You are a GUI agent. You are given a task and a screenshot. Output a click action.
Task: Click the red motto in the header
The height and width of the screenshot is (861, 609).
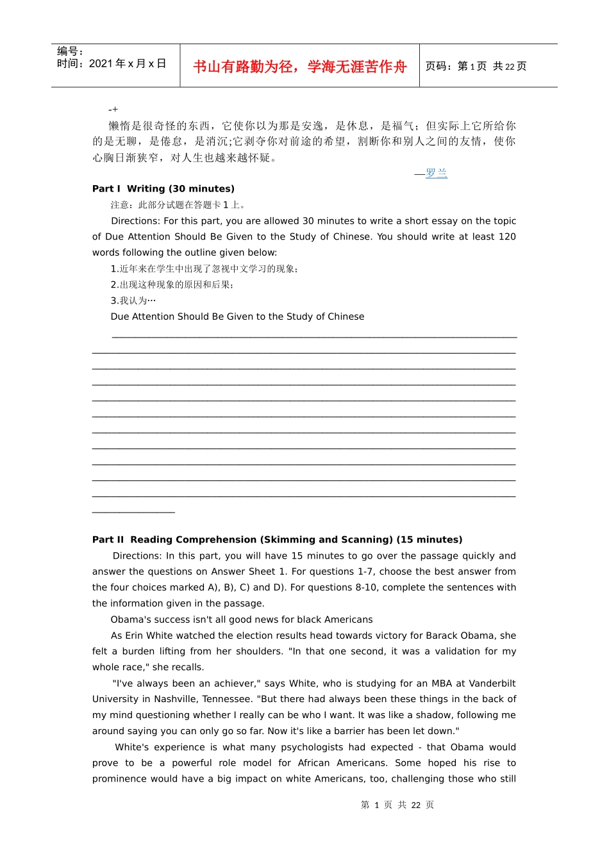pyautogui.click(x=299, y=67)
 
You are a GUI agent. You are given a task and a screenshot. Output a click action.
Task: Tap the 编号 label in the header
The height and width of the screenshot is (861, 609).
pyautogui.click(x=70, y=51)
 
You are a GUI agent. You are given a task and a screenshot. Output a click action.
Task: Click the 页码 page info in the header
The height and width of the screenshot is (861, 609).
pyautogui.click(x=476, y=67)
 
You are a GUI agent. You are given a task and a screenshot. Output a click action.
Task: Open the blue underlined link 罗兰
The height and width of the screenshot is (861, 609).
pyautogui.click(x=437, y=173)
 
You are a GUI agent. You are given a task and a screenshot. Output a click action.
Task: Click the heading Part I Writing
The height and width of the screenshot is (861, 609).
pyautogui.click(x=163, y=189)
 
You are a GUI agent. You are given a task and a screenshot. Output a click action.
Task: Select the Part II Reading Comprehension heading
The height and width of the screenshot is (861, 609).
pyautogui.click(x=277, y=540)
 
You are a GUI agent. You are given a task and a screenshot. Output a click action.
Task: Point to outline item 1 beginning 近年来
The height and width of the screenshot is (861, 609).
pyautogui.click(x=204, y=269)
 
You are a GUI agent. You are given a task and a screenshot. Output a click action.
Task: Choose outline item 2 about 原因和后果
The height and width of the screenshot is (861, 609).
pyautogui.click(x=172, y=284)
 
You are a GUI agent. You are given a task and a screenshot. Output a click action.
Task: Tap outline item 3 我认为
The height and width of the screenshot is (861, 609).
pyautogui.click(x=133, y=300)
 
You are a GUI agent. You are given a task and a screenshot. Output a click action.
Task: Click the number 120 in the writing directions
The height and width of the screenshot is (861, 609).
pyautogui.click(x=507, y=237)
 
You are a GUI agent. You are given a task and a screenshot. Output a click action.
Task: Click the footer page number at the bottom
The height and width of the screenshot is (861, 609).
pyautogui.click(x=397, y=805)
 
